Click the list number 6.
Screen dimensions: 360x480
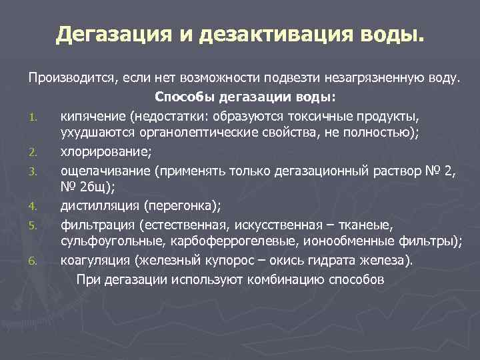(x=33, y=261)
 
